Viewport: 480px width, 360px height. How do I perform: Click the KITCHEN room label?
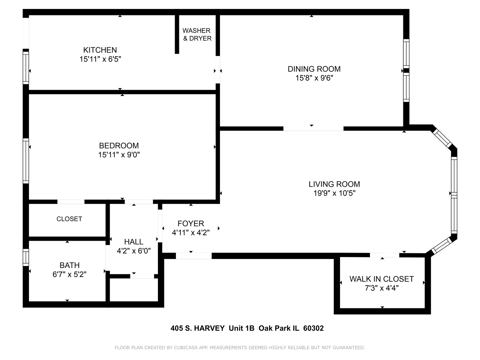100,50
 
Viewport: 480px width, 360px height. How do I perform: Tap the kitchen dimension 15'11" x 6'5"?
100,59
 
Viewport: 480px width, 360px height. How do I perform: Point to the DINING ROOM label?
314,69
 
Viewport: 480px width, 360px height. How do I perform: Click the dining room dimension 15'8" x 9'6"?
314,78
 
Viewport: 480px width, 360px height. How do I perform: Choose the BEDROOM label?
119,146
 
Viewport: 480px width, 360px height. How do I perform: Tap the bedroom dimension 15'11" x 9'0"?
119,155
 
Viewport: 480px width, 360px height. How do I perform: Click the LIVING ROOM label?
334,184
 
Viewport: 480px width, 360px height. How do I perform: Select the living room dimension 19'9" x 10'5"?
334,193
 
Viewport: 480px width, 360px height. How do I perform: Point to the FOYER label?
191,224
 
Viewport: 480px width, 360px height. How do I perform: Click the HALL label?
134,242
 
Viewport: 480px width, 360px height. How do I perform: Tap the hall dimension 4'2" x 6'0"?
134,251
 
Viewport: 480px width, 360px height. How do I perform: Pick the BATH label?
69,265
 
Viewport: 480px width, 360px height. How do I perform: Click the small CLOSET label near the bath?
69,219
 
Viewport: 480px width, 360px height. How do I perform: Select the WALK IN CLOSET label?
381,279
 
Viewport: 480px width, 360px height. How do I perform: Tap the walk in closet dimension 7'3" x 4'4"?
381,288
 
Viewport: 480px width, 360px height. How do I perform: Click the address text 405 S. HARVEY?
197,328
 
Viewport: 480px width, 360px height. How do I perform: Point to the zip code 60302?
313,328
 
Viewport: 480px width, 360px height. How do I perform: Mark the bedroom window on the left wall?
26,161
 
